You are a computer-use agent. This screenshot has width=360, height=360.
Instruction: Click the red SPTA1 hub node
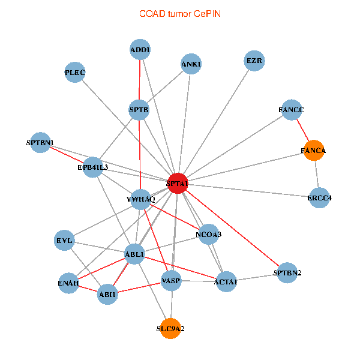click(x=178, y=183)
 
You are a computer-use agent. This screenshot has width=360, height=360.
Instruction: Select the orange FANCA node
click(x=314, y=151)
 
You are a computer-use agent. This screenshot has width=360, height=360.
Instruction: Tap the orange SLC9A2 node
click(x=170, y=329)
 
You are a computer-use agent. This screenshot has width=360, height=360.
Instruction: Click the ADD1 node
click(x=140, y=49)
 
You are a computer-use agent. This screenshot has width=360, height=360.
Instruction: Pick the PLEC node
click(x=75, y=73)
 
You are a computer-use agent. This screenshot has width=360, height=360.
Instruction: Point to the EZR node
click(x=254, y=61)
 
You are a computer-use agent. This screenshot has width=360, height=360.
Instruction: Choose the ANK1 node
click(x=191, y=64)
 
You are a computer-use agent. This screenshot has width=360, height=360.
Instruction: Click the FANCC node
click(x=292, y=110)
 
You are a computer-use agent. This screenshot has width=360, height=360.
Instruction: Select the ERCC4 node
click(x=319, y=197)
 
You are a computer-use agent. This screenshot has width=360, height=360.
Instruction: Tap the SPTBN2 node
click(x=287, y=273)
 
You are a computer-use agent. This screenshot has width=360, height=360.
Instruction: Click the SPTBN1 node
click(x=40, y=143)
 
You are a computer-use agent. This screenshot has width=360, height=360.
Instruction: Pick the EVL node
click(x=65, y=241)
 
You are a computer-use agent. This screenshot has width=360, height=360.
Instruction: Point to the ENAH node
click(x=68, y=283)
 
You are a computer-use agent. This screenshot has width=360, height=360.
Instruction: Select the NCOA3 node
click(x=208, y=234)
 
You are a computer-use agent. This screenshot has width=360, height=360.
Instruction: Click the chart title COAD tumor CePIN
click(x=180, y=14)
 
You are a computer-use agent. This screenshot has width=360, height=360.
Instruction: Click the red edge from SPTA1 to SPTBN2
click(x=232, y=228)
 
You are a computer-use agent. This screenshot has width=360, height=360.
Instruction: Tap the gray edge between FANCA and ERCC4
click(x=317, y=174)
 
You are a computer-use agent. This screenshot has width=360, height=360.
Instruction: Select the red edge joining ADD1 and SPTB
click(x=140, y=80)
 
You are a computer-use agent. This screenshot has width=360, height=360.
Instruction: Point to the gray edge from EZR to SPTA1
click(x=217, y=121)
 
